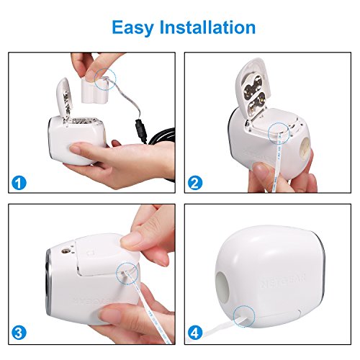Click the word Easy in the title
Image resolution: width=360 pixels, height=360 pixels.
132,28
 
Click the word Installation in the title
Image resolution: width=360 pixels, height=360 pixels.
207,27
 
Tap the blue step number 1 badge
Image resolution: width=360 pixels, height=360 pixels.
19,183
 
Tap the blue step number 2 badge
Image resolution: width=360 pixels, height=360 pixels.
195,183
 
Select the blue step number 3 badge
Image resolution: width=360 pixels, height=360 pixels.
19,333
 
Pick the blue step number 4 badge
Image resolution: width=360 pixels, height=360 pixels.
195,333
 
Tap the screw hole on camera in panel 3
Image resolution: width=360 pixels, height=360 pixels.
65,251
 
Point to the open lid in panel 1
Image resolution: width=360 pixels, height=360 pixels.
63,97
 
